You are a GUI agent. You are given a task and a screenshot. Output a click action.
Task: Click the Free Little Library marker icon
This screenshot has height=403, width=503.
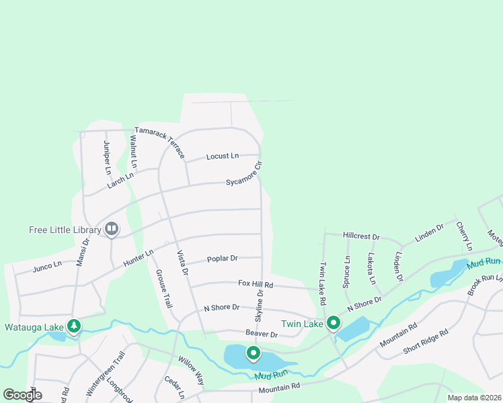[112, 230]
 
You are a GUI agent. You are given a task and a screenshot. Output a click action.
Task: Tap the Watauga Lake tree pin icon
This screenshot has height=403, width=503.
[74, 327]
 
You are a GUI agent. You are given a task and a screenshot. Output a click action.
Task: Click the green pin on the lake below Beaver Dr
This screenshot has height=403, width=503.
[253, 353]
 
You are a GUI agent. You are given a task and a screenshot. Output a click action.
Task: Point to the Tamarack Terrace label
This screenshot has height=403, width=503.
[159, 142]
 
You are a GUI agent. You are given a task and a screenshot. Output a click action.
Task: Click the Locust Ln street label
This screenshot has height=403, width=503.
[222, 156]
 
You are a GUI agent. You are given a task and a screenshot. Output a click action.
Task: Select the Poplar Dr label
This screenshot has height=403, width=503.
[223, 258]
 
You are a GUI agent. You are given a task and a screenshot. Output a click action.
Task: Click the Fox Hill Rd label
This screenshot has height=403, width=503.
[255, 285]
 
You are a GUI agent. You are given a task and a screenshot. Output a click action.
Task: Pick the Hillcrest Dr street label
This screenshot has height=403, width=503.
[361, 237]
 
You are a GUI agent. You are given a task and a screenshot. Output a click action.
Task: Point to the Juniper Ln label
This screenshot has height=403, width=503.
[107, 157]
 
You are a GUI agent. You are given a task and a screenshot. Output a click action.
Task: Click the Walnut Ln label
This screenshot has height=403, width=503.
[133, 152]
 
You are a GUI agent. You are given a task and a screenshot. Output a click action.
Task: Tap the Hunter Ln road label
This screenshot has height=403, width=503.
[138, 261]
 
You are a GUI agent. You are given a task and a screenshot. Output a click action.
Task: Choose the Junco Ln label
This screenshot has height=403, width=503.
[47, 267]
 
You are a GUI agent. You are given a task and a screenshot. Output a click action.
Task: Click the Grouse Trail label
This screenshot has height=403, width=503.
[162, 289]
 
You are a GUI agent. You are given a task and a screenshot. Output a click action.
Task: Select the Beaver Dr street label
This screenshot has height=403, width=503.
[262, 334]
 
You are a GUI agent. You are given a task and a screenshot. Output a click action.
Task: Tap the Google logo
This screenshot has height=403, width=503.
[22, 394]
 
